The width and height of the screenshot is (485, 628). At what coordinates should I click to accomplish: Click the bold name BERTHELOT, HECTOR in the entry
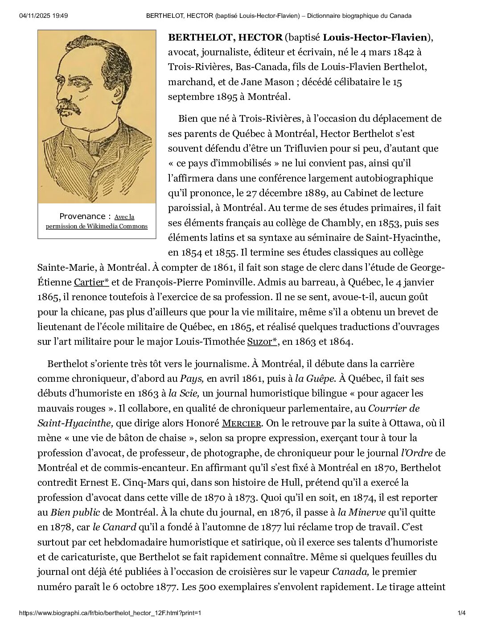(x=225, y=37)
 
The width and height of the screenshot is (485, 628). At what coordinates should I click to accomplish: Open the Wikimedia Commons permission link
(x=97, y=222)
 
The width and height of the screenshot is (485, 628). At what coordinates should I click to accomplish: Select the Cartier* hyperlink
(x=91, y=282)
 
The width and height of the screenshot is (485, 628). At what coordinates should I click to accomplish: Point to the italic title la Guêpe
(x=315, y=379)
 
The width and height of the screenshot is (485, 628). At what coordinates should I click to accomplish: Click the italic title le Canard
(x=114, y=527)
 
